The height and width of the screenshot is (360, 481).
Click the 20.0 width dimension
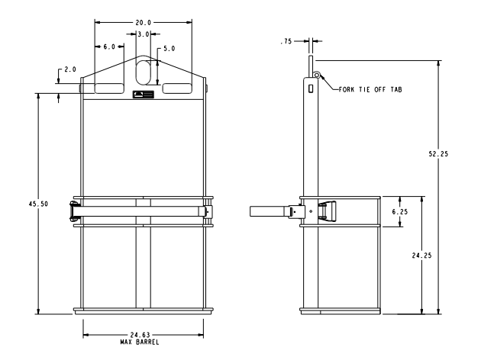[143, 23]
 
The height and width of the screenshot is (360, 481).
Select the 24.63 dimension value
[142, 336]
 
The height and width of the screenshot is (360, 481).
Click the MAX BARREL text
[143, 342]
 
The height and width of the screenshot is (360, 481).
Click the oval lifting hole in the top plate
[143, 73]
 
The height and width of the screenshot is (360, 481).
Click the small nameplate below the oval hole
[143, 95]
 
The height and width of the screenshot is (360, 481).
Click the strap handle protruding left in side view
[269, 211]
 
